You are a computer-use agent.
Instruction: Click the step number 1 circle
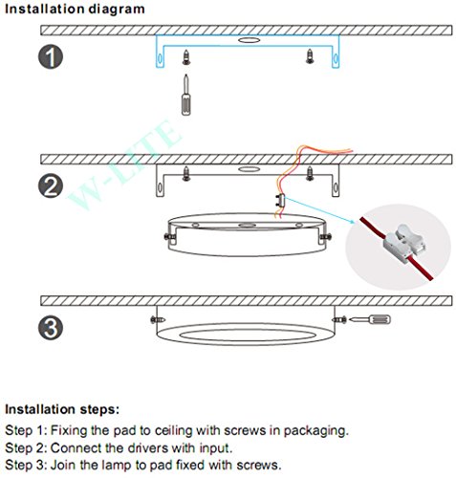coord(51,56)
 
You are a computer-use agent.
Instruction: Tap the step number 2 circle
coord(51,185)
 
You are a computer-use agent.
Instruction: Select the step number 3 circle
coord(51,327)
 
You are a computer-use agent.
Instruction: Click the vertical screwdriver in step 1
coord(186,95)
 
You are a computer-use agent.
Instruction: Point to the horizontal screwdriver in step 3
coord(370,319)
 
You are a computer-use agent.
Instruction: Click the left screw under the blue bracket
coord(186,57)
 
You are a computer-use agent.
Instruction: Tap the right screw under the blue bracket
coord(310,56)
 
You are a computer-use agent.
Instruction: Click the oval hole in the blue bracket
coord(249,40)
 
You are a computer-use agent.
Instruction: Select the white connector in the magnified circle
coord(403,244)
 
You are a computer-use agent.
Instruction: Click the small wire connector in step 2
coord(280,202)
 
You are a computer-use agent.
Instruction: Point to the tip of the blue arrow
coord(355,224)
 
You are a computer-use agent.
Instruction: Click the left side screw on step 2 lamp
coord(170,237)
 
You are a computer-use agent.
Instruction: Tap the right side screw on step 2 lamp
coord(325,237)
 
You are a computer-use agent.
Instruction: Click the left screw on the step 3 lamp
coord(158,319)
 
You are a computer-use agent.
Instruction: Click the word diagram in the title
coord(117,10)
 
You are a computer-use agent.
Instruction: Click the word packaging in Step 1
coord(315,431)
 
